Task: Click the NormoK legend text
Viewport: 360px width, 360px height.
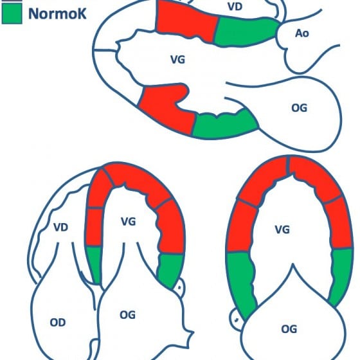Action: [57, 14]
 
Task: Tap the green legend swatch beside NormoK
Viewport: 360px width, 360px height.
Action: [12, 14]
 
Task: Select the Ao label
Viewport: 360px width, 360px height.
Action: [302, 33]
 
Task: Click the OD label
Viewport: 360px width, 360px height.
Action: [58, 323]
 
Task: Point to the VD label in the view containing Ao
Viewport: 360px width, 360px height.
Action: [235, 6]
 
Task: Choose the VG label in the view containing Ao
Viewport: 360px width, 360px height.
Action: [177, 60]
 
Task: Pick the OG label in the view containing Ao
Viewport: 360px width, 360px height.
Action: [299, 108]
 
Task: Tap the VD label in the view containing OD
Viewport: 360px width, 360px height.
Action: [61, 228]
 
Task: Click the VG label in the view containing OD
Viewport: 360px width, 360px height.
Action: [129, 222]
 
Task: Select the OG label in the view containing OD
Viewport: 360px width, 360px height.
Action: [127, 315]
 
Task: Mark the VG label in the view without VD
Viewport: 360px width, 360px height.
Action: [282, 230]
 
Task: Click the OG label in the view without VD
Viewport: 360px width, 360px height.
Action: [289, 329]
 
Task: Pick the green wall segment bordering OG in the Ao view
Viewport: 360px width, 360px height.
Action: [224, 125]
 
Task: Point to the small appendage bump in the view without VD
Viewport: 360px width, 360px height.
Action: [235, 319]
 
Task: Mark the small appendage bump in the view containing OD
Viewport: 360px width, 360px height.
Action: [179, 287]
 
